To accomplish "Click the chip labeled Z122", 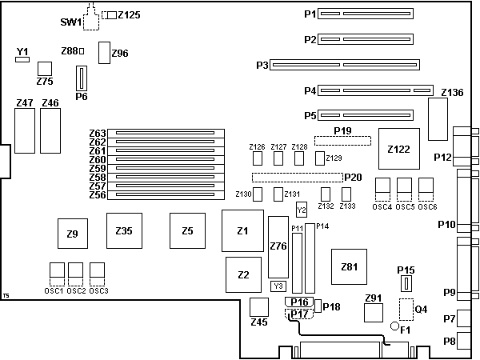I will coord(398,148).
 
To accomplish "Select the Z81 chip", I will coord(349,266).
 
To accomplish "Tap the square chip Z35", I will coord(123,231).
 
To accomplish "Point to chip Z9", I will coord(72,234).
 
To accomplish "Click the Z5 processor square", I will coord(187,231).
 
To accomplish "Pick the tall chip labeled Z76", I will coord(278,246).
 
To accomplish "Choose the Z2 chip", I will coord(243,274).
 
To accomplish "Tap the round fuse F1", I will coord(394,326).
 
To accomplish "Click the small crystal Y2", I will coord(301,209).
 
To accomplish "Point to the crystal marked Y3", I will coord(278,286).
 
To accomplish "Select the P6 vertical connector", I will coord(80,78).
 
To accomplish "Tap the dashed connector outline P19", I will coord(342,141).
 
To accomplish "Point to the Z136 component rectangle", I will coord(438,118).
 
